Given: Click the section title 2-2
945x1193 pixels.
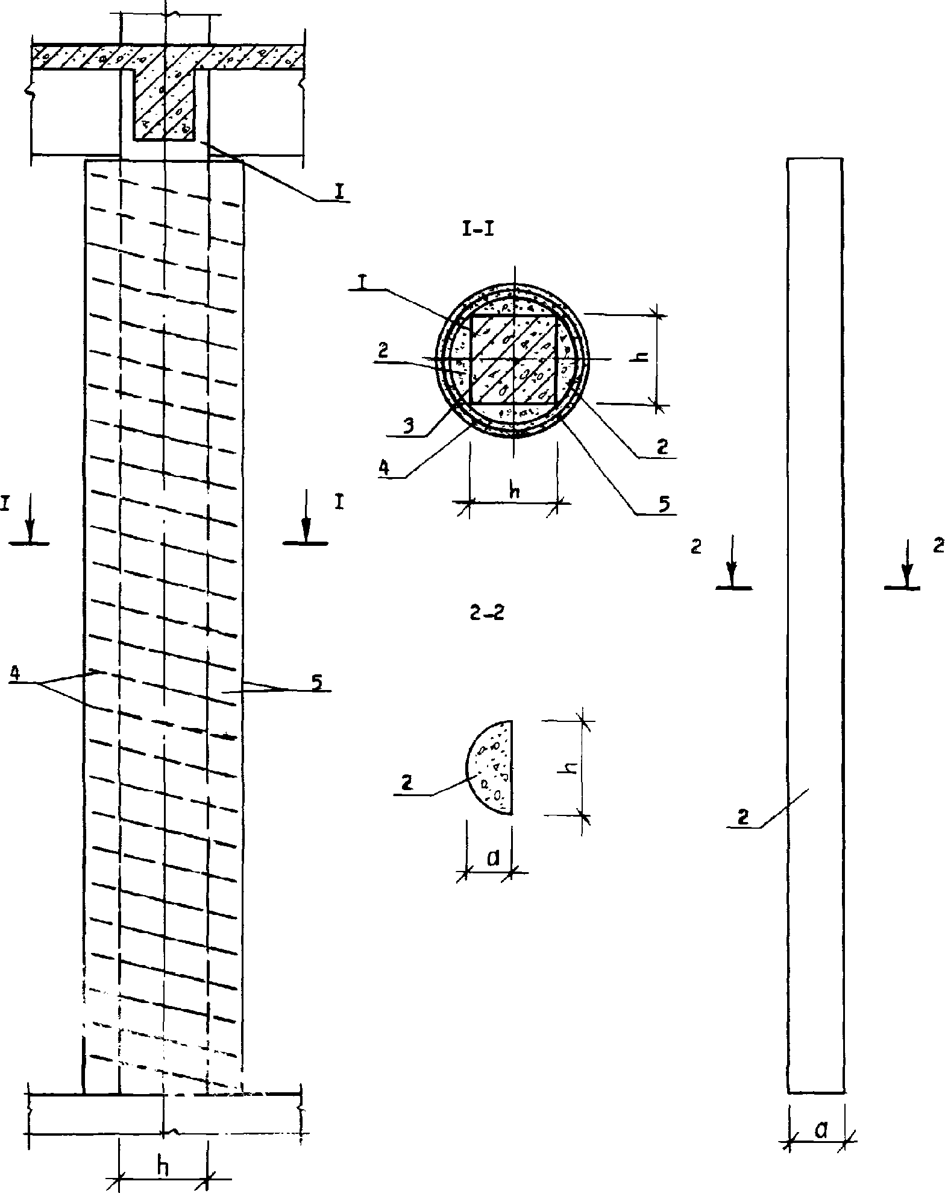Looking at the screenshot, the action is [x=486, y=613].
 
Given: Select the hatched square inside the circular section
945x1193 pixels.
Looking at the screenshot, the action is [x=513, y=360].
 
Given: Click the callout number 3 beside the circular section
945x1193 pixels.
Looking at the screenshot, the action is [x=409, y=425].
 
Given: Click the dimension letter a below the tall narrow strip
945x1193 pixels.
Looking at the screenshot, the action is [x=820, y=1130].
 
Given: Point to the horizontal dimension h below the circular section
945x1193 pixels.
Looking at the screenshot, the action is [x=514, y=490].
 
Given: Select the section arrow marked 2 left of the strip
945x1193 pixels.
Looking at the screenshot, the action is [x=732, y=562].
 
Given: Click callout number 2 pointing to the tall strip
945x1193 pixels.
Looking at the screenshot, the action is [x=744, y=818].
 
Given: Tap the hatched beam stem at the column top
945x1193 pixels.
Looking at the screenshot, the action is [x=164, y=103].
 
